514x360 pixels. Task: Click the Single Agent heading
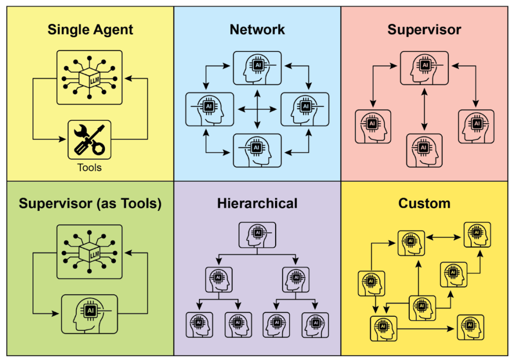pos(90,30)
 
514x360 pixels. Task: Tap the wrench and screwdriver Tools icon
pos(89,140)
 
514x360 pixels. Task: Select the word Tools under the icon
pos(89,167)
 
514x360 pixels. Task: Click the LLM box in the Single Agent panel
pos(89,78)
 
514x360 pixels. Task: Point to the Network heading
pos(257,29)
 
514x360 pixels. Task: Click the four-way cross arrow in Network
pos(257,109)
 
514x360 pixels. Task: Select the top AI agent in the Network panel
pos(257,68)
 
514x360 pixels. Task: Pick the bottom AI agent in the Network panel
pos(257,150)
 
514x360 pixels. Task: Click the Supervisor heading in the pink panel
pos(424,29)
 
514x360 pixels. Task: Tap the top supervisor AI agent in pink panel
pos(424,68)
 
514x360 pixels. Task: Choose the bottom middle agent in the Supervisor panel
pos(424,150)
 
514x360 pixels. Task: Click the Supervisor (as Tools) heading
pos(90,204)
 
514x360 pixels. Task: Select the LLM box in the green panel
pos(89,252)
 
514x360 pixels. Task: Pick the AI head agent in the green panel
pos(89,314)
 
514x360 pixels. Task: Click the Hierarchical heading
pos(257,204)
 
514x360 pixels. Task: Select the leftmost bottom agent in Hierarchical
pos(199,325)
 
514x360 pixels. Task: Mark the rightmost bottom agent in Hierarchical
pos(315,325)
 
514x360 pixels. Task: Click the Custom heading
pos(424,204)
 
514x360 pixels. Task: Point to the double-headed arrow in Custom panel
pos(445,236)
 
